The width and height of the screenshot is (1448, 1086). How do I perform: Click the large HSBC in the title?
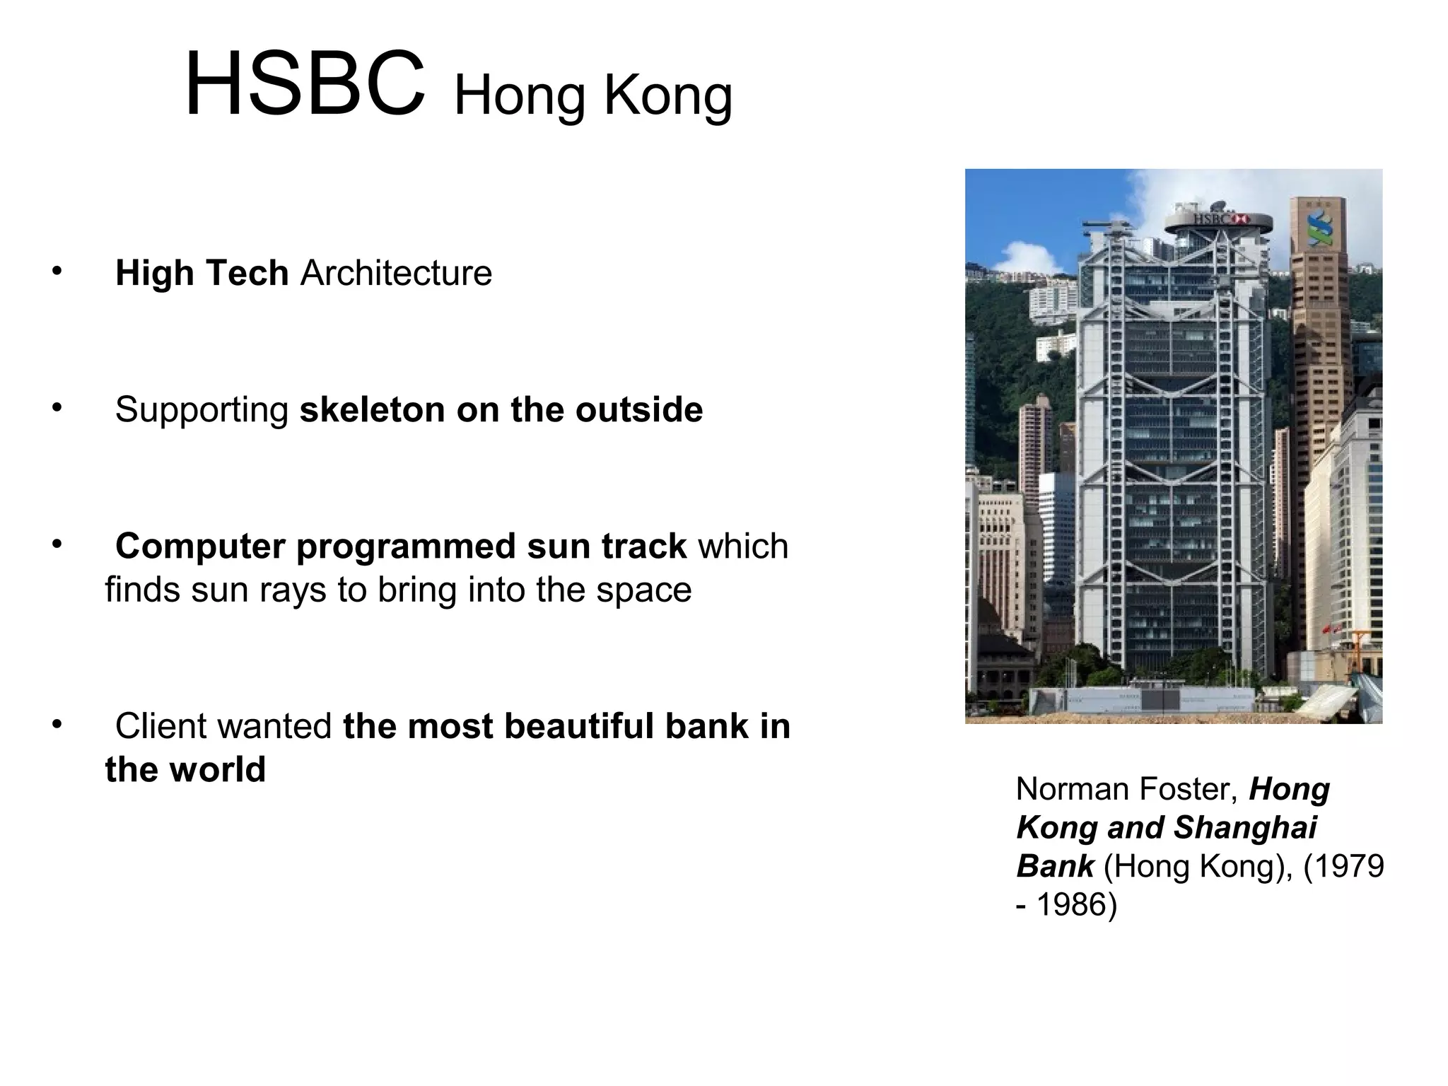(305, 85)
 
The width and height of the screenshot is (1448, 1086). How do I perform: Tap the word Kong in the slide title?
(667, 97)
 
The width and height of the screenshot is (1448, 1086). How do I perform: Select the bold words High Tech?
(202, 273)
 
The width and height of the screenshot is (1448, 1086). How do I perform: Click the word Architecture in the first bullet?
(396, 273)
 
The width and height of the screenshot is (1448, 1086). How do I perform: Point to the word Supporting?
(202, 410)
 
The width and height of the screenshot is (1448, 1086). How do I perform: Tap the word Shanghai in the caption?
(1246, 828)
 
